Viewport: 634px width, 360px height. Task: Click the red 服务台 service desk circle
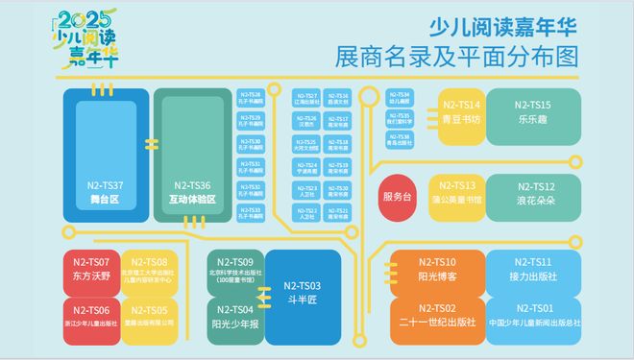[397, 195]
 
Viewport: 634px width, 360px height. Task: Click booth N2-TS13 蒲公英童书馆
[457, 192]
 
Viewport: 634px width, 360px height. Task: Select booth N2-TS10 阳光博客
[437, 269]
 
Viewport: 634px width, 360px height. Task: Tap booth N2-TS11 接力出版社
[532, 269]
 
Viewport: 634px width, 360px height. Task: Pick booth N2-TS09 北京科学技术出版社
[235, 270]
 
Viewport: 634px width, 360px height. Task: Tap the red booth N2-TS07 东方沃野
[91, 269]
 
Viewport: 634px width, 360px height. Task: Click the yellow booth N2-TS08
[149, 270]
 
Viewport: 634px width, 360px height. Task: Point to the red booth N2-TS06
[91, 316]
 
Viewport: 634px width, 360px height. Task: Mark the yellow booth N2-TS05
[149, 316]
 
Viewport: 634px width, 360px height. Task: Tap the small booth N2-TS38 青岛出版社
[400, 139]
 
